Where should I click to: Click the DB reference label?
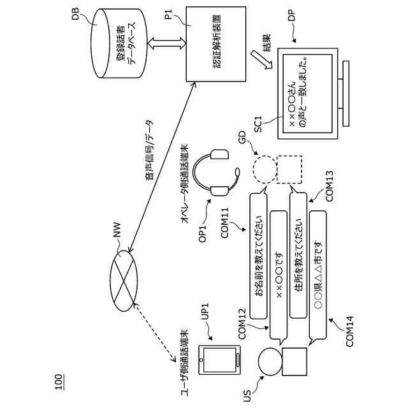click(75, 14)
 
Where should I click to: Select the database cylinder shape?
click(118, 43)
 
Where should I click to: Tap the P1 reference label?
click(168, 14)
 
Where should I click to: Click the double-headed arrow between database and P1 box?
click(166, 43)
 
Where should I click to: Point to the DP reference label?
click(292, 15)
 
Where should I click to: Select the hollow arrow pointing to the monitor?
click(261, 59)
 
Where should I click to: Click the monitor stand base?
click(346, 94)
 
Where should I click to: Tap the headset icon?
click(216, 172)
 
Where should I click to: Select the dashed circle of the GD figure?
click(265, 170)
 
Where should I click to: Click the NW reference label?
click(117, 229)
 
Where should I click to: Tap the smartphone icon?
click(219, 360)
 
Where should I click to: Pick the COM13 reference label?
click(329, 186)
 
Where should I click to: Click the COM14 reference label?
click(349, 331)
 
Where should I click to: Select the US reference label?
click(247, 396)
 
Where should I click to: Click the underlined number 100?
click(58, 382)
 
